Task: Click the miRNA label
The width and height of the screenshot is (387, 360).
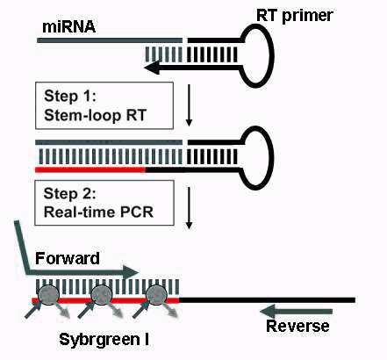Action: click(68, 26)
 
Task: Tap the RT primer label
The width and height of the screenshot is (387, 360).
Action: click(295, 15)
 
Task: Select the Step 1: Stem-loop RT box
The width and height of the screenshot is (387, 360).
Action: click(104, 105)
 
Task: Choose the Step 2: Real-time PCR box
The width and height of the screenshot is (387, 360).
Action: click(104, 203)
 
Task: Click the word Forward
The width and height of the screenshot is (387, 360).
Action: click(68, 258)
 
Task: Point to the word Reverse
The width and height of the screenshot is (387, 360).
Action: click(297, 326)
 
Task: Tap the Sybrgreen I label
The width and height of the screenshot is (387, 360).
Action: click(104, 340)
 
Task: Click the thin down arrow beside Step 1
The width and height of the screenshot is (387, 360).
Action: click(189, 105)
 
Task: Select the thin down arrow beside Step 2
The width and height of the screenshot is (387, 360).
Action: click(189, 208)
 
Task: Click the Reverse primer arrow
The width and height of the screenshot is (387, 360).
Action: click(296, 311)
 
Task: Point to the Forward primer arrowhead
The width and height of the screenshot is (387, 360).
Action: click(130, 272)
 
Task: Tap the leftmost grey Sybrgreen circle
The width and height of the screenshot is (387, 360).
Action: click(48, 295)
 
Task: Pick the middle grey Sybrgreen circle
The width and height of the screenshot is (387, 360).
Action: click(102, 295)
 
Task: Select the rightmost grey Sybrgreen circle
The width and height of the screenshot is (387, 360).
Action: click(156, 295)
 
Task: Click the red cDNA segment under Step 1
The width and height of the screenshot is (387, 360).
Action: click(90, 169)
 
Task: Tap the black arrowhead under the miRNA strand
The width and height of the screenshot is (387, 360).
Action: click(152, 68)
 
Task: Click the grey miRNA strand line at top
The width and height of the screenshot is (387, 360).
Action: click(110, 40)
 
